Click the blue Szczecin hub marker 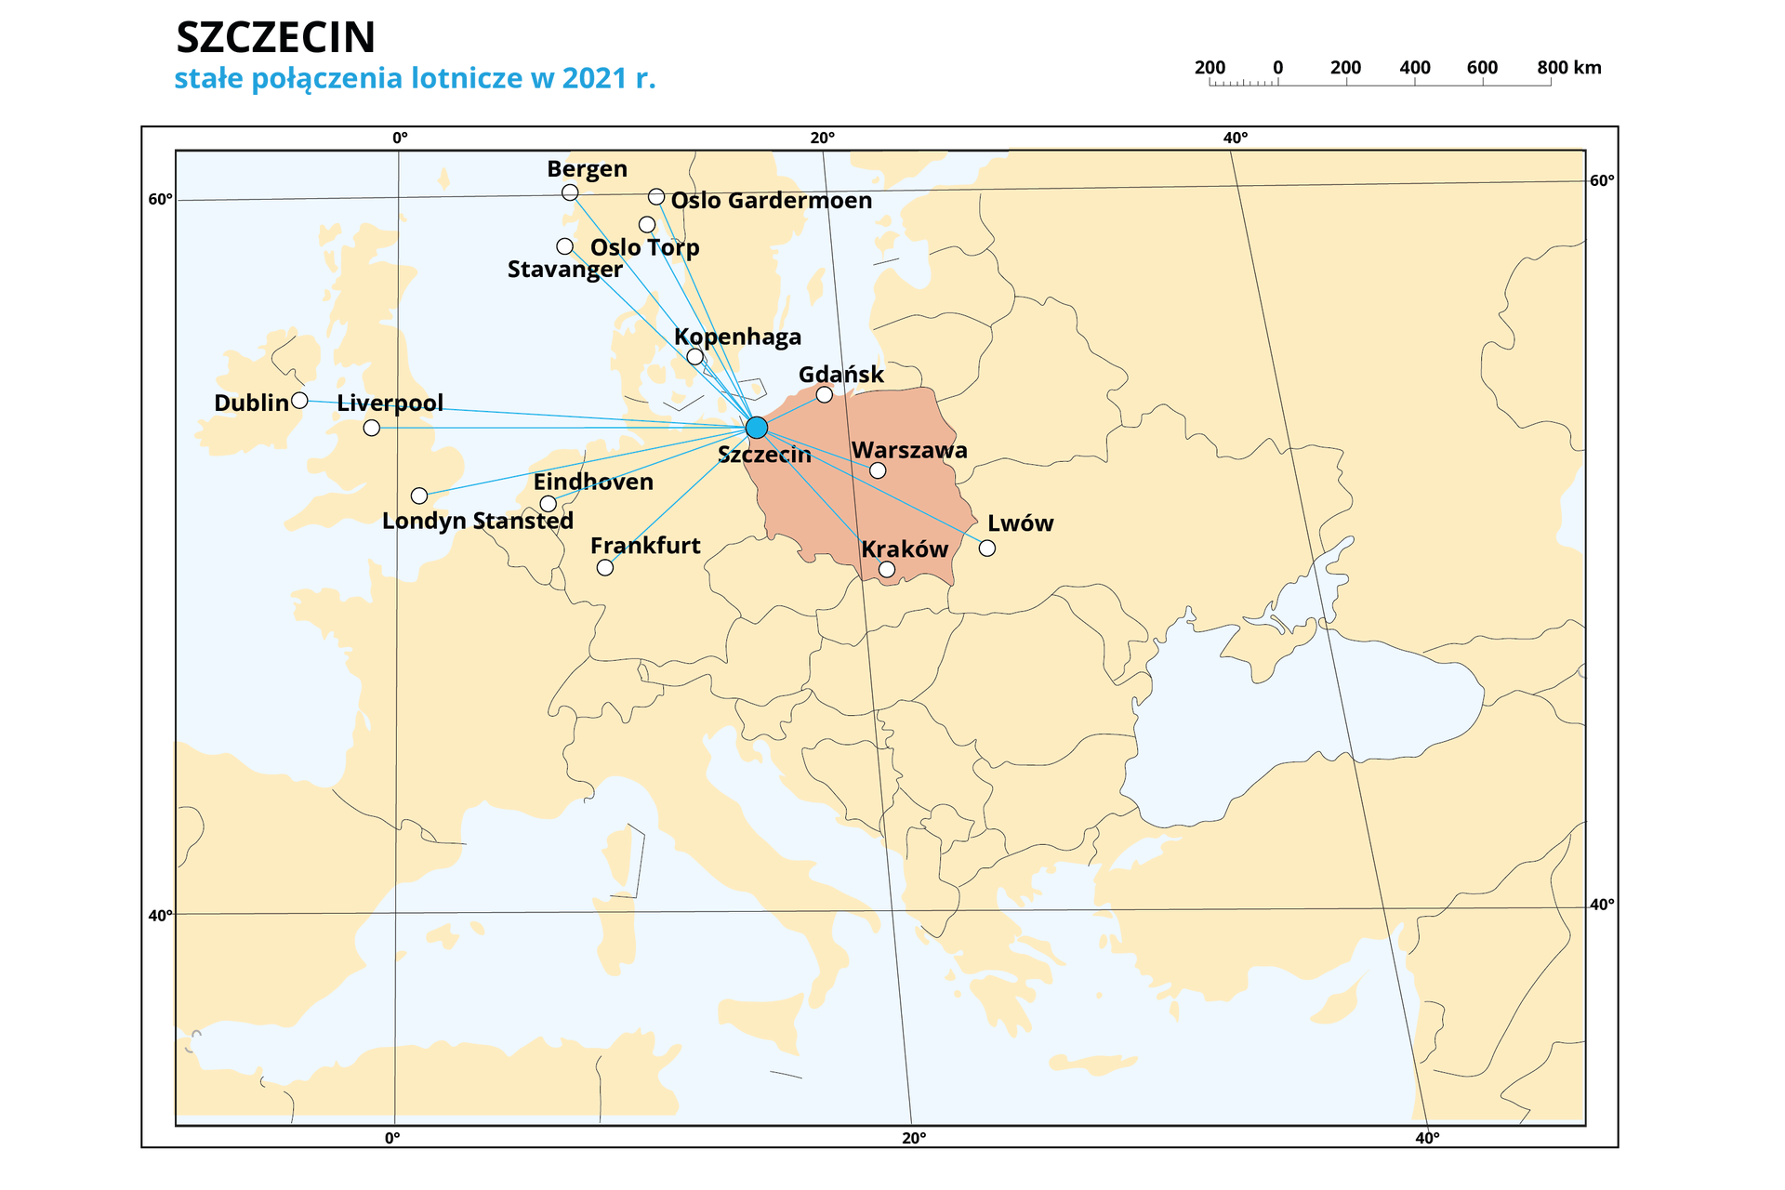(x=757, y=428)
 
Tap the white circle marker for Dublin (x=299, y=401)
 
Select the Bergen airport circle (x=570, y=192)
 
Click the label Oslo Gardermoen (x=771, y=201)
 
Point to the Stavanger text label (x=564, y=270)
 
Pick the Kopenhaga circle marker (x=694, y=357)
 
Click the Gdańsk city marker (x=824, y=395)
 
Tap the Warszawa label (x=909, y=451)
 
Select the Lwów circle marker (x=987, y=549)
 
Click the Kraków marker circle (x=887, y=569)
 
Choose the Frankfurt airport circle (x=605, y=567)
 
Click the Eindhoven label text (x=593, y=483)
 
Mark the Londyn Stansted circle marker (x=419, y=496)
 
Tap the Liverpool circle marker (x=372, y=428)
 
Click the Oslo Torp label (x=644, y=247)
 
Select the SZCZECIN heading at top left (x=274, y=37)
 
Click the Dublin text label (x=251, y=403)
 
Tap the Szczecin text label (x=764, y=455)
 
